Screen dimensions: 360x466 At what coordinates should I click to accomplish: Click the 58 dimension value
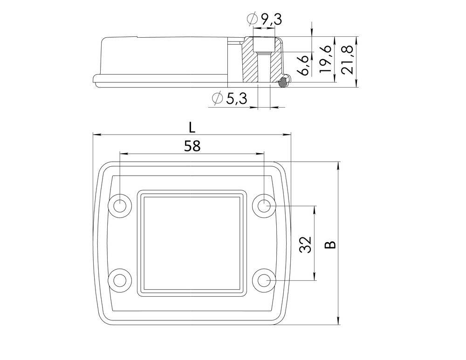point(192,146)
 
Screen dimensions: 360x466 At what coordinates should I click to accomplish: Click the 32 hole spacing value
point(305,245)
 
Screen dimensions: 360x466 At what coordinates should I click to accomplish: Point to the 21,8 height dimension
point(347,61)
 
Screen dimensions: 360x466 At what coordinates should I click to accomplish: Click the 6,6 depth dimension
point(303,65)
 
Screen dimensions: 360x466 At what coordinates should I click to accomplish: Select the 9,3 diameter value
point(270,20)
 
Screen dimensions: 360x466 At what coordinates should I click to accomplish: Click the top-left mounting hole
point(120,205)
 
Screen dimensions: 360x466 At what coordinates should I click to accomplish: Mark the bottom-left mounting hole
point(120,280)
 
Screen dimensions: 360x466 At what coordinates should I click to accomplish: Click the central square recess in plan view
point(192,243)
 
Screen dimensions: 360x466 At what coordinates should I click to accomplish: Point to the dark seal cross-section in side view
point(283,83)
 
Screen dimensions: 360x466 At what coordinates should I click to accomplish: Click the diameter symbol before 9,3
point(251,20)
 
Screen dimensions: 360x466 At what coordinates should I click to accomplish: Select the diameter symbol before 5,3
point(216,99)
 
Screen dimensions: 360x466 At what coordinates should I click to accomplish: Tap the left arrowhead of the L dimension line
point(96,135)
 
